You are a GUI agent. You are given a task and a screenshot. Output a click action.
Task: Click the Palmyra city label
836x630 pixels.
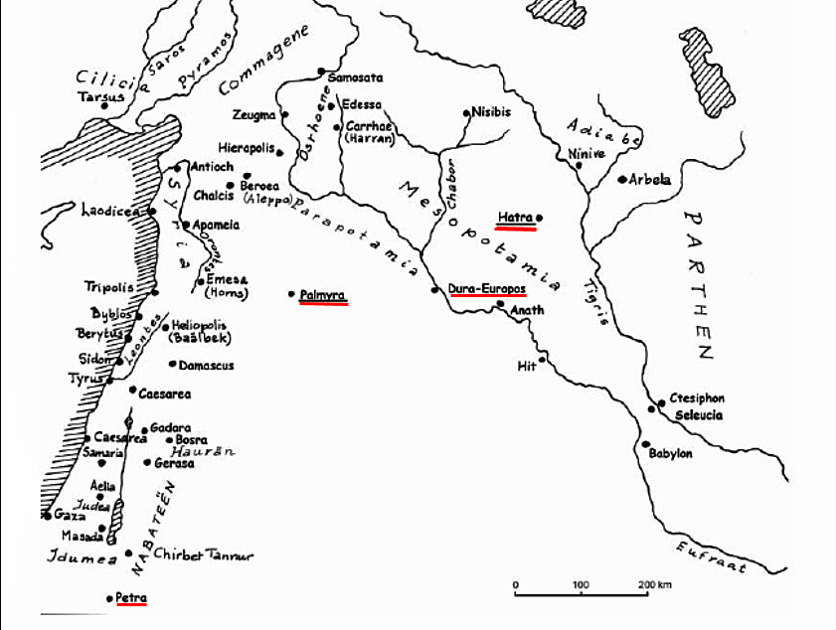click(323, 294)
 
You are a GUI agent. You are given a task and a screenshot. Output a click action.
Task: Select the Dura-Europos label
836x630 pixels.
click(486, 289)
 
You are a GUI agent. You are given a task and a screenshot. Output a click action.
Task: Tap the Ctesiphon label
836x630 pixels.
click(697, 398)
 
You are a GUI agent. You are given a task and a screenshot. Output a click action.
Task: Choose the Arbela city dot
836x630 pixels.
click(622, 180)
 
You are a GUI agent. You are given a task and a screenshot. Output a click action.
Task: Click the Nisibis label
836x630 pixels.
click(491, 112)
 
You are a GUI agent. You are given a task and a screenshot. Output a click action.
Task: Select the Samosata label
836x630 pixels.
click(349, 78)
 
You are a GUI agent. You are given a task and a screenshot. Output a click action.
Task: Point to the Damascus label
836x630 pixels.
click(207, 366)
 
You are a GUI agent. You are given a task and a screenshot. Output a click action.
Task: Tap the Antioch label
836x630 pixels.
click(210, 166)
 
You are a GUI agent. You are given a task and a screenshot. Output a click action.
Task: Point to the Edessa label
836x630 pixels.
click(361, 104)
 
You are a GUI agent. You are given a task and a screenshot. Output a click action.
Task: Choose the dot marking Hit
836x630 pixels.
click(542, 358)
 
